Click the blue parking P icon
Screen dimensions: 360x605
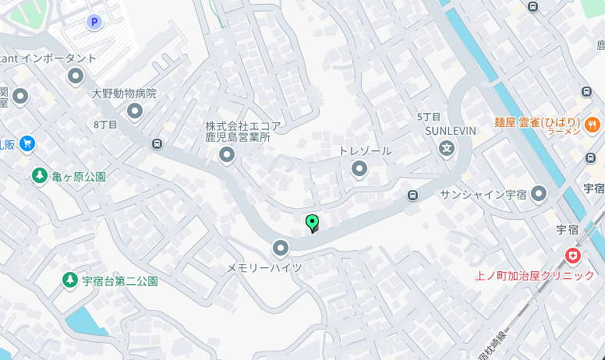point(95,22)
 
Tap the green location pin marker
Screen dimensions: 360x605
point(313,223)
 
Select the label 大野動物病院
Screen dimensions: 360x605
point(124,94)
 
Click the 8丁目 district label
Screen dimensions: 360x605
point(105,125)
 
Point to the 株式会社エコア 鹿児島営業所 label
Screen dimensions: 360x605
point(242,131)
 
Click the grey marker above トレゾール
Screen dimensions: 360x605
point(359,168)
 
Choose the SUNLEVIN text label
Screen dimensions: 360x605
point(450,130)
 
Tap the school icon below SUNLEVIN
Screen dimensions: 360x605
point(447,148)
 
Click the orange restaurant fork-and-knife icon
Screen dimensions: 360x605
point(593,123)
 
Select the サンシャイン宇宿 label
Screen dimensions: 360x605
point(483,194)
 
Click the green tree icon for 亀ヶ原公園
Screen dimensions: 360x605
point(39,175)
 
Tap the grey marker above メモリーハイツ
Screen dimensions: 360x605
point(281,249)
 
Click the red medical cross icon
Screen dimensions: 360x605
point(573,255)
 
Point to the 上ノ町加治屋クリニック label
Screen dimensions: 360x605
point(534,275)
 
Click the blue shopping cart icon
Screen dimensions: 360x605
point(27,143)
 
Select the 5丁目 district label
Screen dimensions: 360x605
point(429,117)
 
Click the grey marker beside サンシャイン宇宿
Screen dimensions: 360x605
point(538,193)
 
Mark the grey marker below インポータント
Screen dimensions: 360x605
point(76,76)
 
